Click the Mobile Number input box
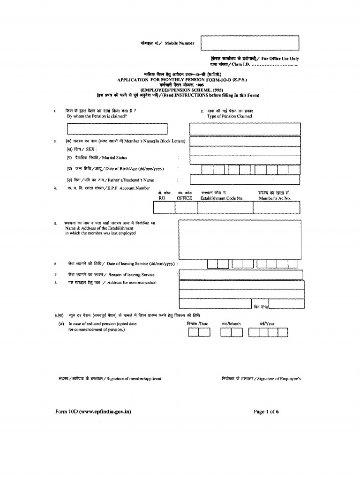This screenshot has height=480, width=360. (x=249, y=43)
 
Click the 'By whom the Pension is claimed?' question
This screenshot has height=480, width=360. (x=97, y=116)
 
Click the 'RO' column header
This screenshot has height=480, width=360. (x=162, y=198)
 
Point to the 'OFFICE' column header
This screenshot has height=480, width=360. (x=184, y=198)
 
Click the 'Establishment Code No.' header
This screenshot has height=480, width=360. (x=222, y=198)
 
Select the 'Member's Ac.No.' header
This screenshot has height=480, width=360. (x=275, y=198)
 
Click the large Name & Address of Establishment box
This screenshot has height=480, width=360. (x=240, y=239)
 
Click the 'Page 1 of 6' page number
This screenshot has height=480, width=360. (x=266, y=412)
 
